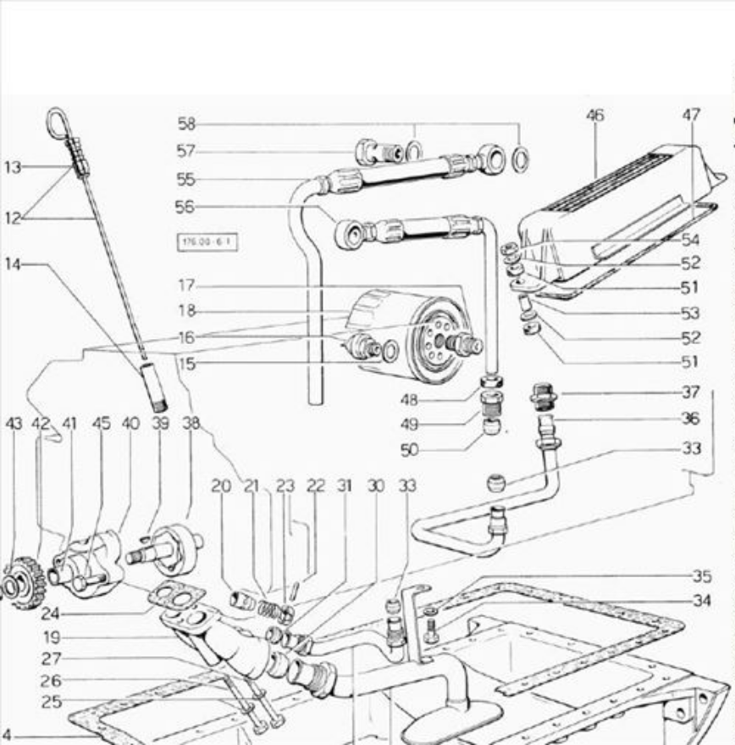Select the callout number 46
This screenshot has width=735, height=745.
coord(595,114)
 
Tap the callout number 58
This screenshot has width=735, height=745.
coord(186,124)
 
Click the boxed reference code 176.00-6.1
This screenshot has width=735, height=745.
coord(207,242)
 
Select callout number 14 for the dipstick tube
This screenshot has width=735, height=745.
coord(12,264)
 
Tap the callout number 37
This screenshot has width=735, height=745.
coord(691,392)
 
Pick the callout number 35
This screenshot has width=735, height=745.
coord(701,576)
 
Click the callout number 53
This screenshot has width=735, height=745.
coord(691,314)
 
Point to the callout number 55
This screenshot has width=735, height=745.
coord(185,179)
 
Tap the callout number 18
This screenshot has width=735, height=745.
coord(187,311)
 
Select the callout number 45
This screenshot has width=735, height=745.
coord(101,422)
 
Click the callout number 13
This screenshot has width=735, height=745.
coord(12,168)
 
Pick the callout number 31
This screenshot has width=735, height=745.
coord(344,486)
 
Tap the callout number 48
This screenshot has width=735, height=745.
coord(411,399)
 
